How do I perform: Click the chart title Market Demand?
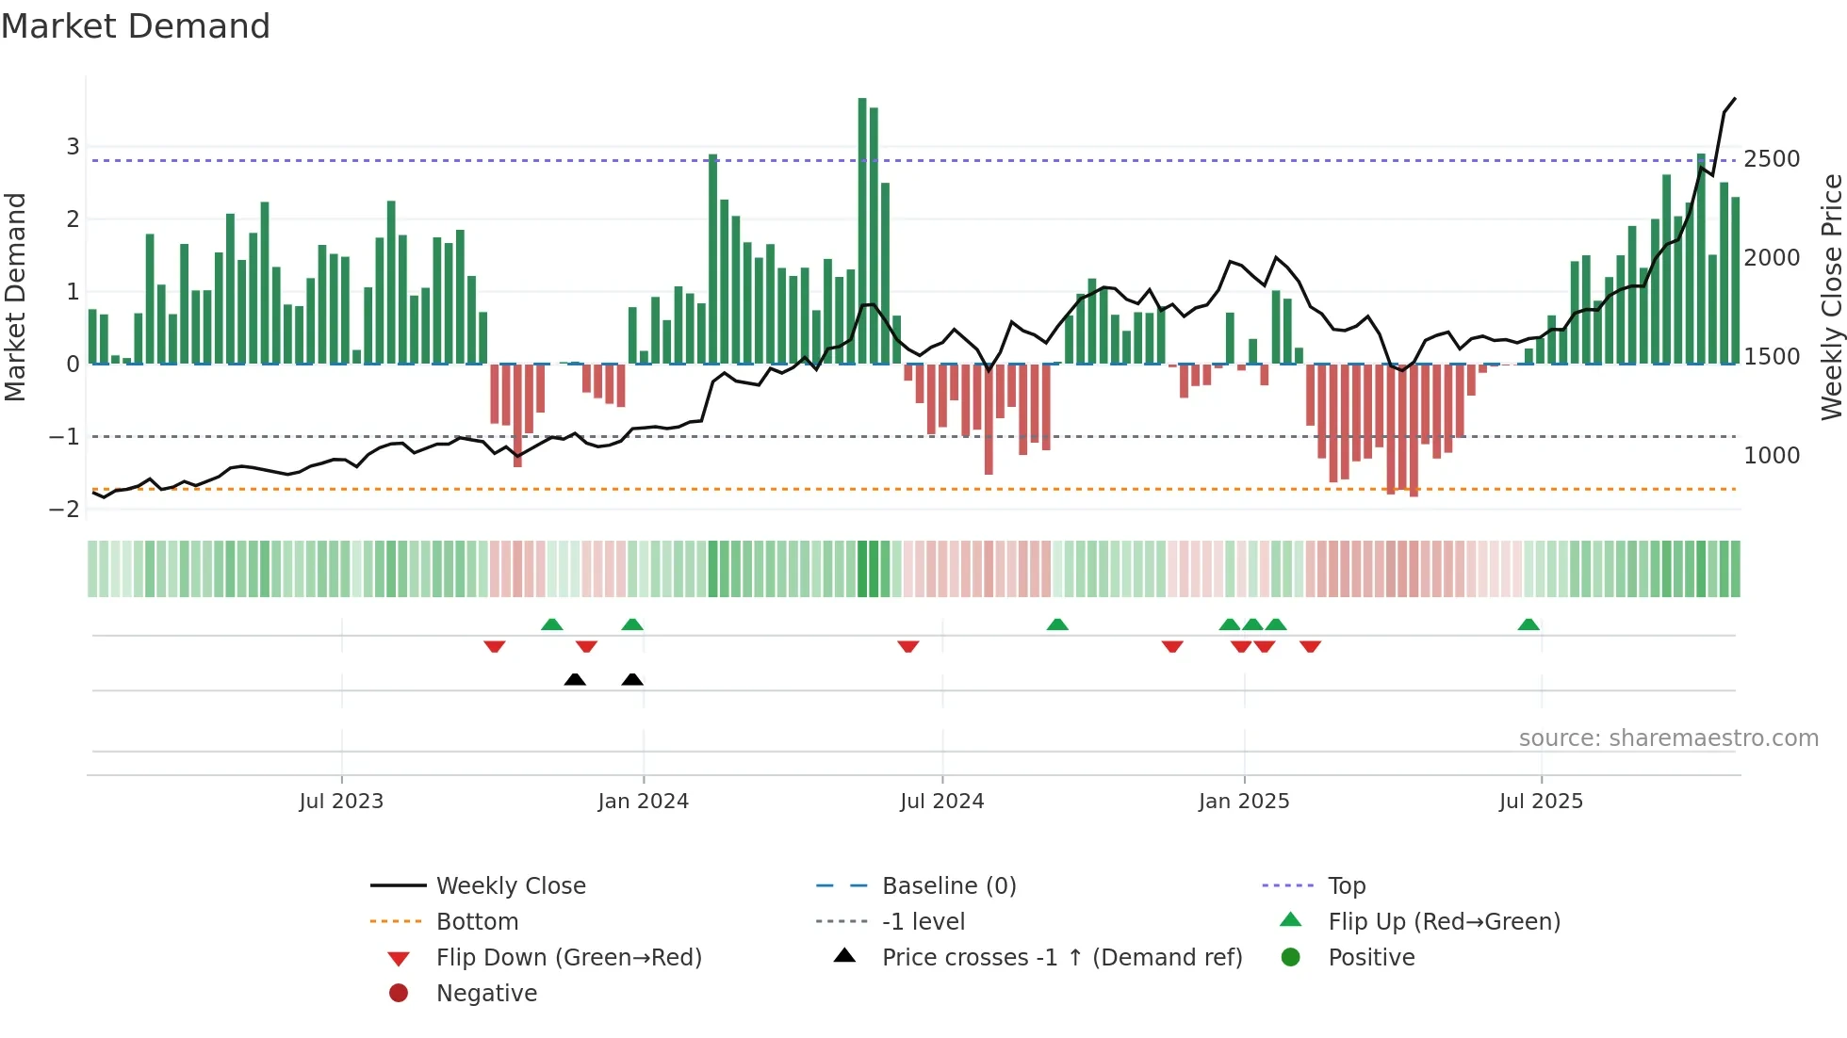pos(136,26)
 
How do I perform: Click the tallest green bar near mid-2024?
pos(862,231)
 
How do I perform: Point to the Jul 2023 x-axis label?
pos(341,802)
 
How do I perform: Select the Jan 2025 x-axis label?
pos(1244,802)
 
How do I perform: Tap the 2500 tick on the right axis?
pos(1772,159)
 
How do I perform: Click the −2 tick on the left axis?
pos(65,510)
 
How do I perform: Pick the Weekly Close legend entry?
pos(510,886)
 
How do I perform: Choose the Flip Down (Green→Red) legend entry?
pos(568,958)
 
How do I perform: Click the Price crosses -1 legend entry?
pos(1061,958)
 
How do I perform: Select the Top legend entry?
pos(1347,886)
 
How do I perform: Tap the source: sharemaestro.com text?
pos(1668,738)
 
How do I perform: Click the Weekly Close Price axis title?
pos(1831,297)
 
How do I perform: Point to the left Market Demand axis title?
pos(15,297)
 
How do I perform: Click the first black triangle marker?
pos(575,679)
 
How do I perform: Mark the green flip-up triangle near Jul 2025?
pos(1528,624)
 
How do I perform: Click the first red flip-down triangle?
pos(495,646)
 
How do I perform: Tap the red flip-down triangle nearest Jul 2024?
pos(908,646)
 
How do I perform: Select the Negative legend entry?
pos(486,994)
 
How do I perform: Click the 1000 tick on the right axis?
pos(1772,456)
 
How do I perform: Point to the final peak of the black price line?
pos(1735,98)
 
